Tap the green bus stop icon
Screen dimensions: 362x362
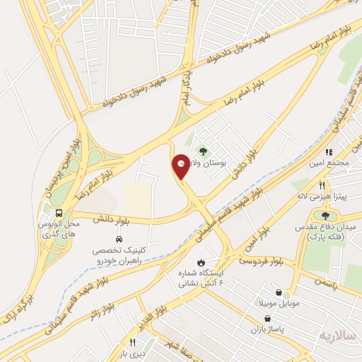tap(59, 211)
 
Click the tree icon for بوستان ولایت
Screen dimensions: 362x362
tap(204, 151)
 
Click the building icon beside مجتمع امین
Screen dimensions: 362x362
tap(328, 152)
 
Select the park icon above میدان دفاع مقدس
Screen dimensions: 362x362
tap(325, 216)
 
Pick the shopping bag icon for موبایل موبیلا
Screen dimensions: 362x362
tap(280, 292)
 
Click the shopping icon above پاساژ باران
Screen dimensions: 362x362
tap(266, 319)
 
